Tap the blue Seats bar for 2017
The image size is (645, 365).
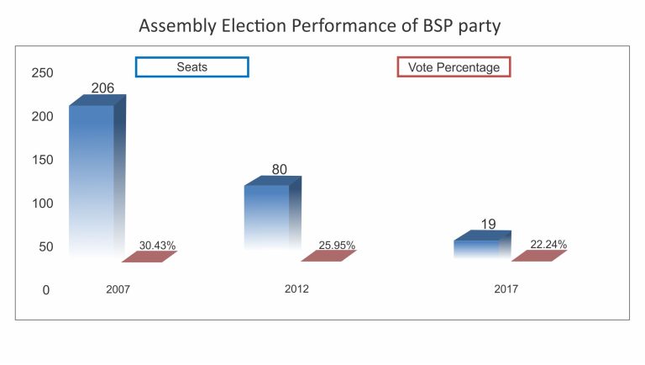coord(478,247)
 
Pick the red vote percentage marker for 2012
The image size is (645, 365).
coord(328,257)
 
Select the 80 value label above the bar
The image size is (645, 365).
coord(279,169)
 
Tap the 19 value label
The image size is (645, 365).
coord(489,224)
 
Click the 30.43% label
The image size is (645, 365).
coord(157,246)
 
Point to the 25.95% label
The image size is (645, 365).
coord(337,246)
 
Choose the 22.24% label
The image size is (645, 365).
coord(548,245)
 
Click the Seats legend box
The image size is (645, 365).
coord(192,67)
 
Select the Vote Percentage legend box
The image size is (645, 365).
coord(454,67)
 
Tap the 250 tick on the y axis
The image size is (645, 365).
coord(42,73)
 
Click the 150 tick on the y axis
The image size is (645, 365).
coord(42,160)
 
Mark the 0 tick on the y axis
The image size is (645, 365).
coord(46,290)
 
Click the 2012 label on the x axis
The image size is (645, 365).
coord(296,289)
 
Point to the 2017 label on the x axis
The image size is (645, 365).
coord(506,289)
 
